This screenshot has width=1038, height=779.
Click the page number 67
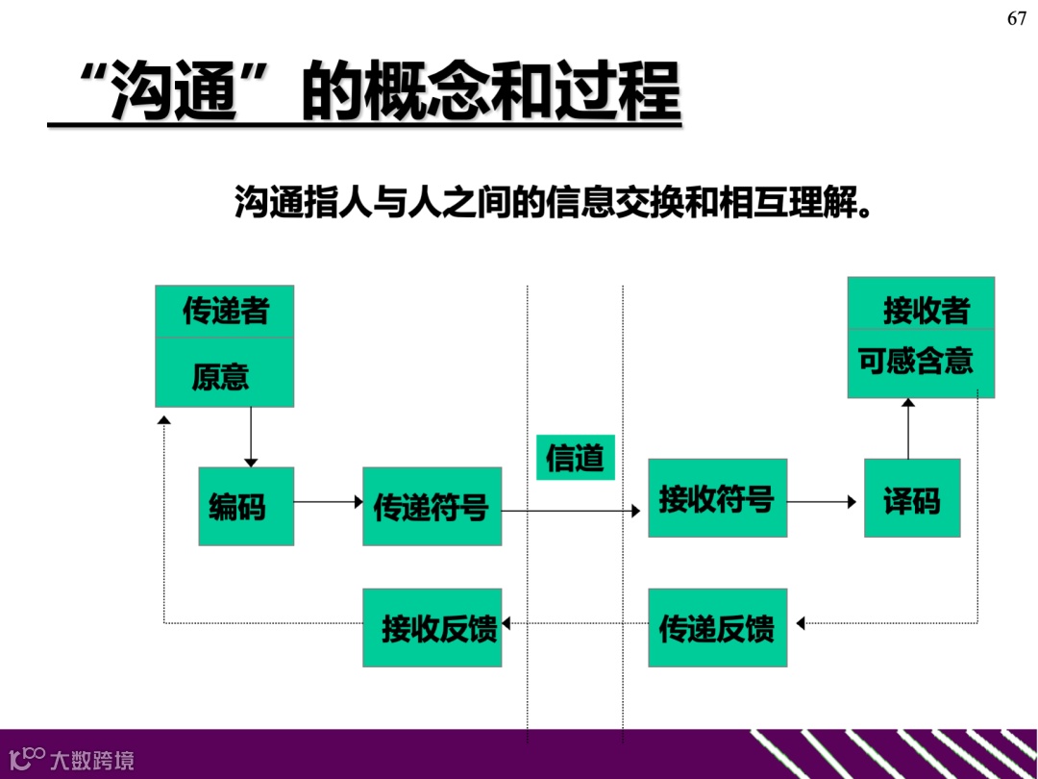[x=1017, y=19]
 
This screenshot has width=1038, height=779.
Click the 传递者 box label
[x=225, y=312]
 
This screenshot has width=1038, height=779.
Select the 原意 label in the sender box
[x=221, y=375]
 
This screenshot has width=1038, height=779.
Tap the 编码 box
[x=246, y=506]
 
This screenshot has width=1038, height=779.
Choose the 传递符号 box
[x=432, y=506]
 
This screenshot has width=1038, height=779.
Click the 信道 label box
[x=575, y=457]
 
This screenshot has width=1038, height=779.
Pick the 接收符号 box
[x=717, y=498]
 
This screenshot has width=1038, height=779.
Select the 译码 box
[x=912, y=498]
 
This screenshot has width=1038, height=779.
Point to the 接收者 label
[x=926, y=311]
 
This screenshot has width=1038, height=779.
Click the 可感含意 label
[x=916, y=361]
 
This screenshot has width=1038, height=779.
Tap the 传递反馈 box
[x=717, y=627]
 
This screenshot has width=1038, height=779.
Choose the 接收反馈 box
[x=432, y=627]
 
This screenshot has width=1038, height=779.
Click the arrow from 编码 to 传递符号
[x=328, y=502]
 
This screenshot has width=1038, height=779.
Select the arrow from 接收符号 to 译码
[x=822, y=502]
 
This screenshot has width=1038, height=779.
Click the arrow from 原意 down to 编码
[x=251, y=437]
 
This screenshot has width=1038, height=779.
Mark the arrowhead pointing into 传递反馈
[x=800, y=624]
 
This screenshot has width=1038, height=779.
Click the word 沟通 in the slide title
[x=172, y=92]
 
